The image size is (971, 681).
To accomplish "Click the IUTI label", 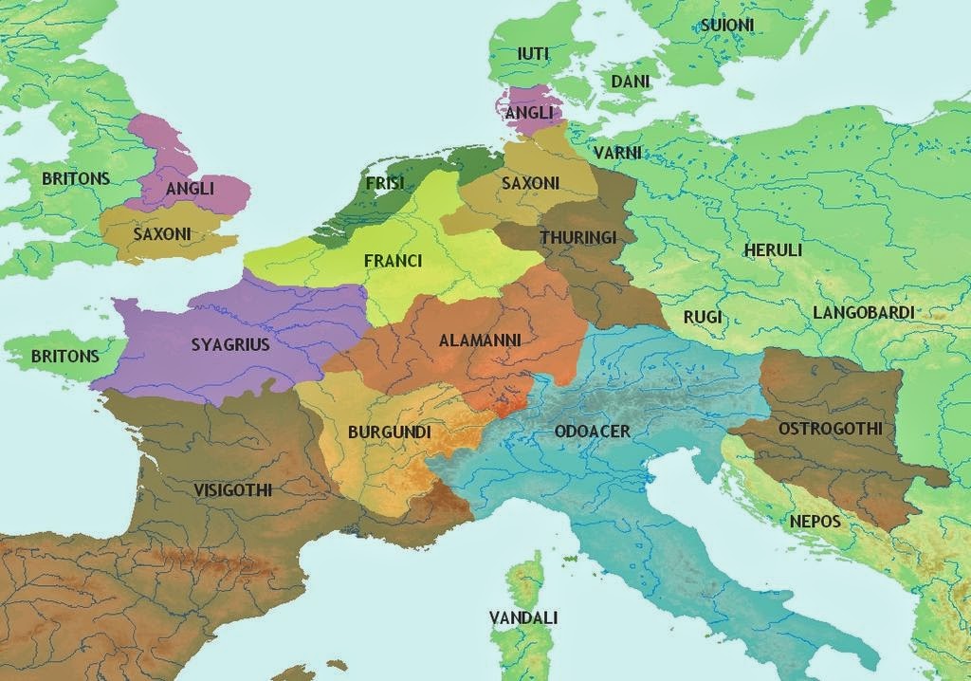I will (x=534, y=54).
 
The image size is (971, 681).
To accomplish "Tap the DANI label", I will (x=630, y=83).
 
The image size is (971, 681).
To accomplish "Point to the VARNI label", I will (x=617, y=153).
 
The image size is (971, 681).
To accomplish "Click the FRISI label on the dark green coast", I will (x=384, y=182).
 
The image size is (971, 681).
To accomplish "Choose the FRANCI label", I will (x=393, y=260).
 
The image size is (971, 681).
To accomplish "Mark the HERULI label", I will (x=773, y=250).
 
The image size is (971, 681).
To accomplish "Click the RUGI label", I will (x=703, y=316).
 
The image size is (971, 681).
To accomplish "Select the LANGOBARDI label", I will (x=863, y=312).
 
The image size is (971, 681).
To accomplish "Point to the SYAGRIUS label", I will (x=230, y=345).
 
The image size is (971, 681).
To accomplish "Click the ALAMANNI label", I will (x=480, y=340).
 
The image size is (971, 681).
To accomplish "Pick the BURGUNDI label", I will (x=389, y=433).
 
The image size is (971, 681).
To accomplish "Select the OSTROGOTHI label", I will (x=830, y=429).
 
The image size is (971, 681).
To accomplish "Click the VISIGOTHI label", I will (x=232, y=490).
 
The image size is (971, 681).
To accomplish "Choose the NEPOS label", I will (x=815, y=522).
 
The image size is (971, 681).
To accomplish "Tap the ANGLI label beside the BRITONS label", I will (x=190, y=189).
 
